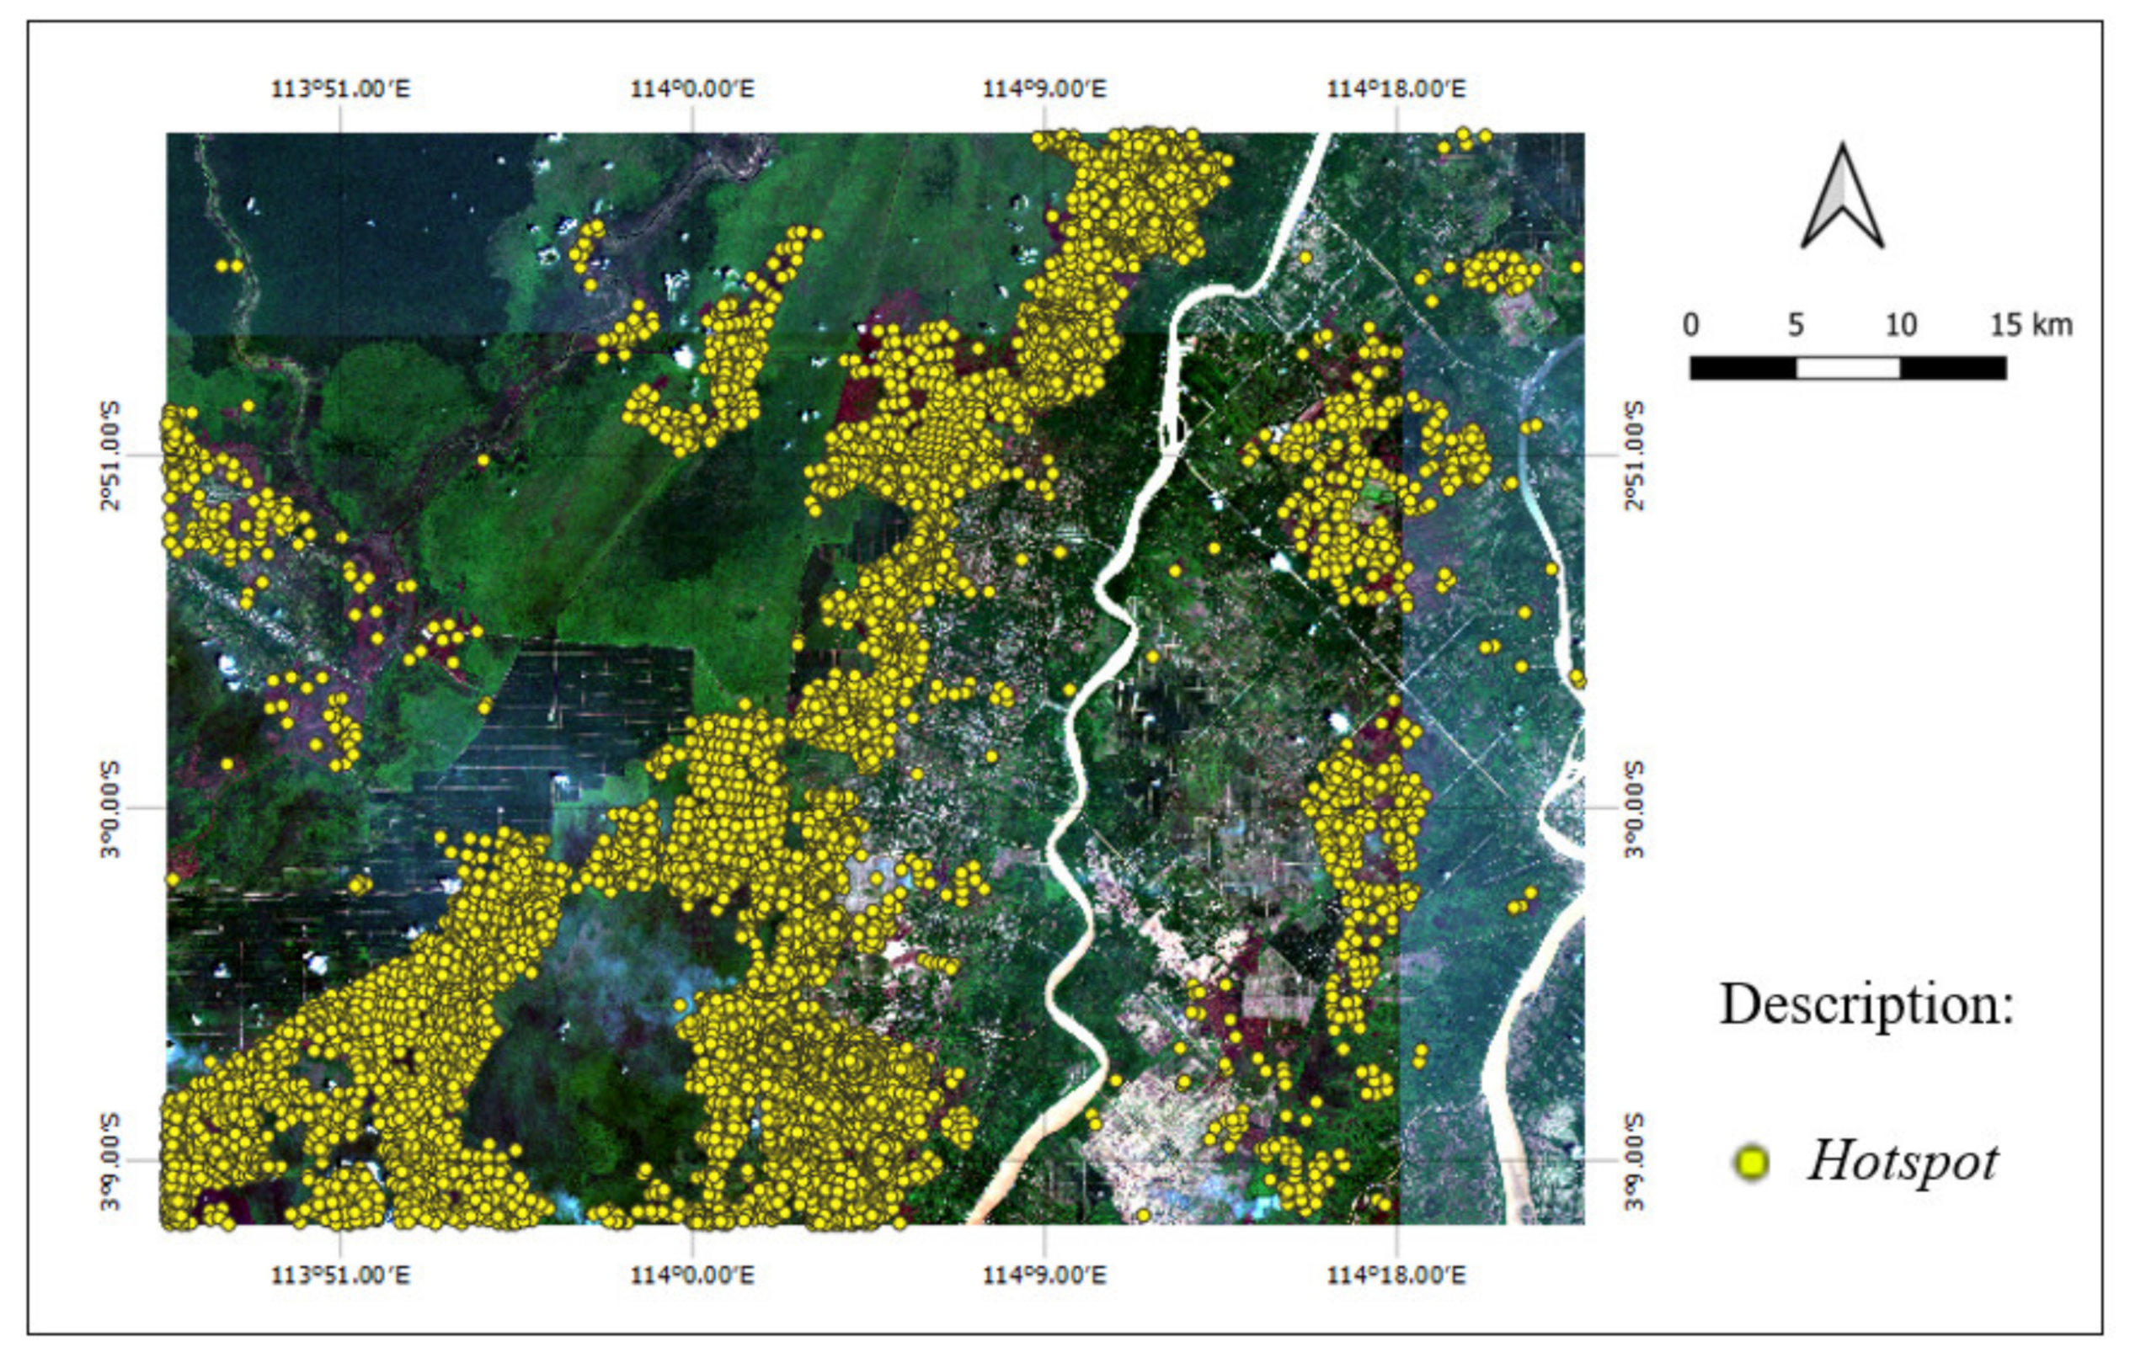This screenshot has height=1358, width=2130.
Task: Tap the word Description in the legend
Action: click(1866, 1005)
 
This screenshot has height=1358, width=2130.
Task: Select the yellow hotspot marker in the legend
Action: click(1751, 1163)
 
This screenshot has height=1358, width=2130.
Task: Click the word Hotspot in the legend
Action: click(1903, 1162)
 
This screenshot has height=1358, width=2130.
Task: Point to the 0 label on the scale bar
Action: click(1690, 326)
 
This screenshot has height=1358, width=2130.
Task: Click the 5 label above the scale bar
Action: click(1796, 326)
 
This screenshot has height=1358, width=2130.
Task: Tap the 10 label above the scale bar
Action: click(1900, 326)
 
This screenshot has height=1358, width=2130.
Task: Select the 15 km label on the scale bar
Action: click(2031, 326)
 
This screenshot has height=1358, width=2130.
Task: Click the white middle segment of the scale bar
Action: click(1848, 368)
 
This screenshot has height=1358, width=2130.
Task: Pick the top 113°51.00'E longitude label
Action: click(340, 89)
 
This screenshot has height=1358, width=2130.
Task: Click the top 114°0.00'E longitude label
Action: click(691, 89)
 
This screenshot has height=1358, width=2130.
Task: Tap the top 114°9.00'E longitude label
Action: click(1044, 89)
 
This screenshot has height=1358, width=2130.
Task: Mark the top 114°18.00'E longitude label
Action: click(1396, 89)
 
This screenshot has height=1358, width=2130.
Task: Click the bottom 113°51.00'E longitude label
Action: click(340, 1275)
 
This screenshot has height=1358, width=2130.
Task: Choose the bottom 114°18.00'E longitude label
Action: click(1396, 1275)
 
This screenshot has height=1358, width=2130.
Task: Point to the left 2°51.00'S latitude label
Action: click(111, 455)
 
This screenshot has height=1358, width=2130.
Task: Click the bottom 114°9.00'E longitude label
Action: click(1044, 1275)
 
